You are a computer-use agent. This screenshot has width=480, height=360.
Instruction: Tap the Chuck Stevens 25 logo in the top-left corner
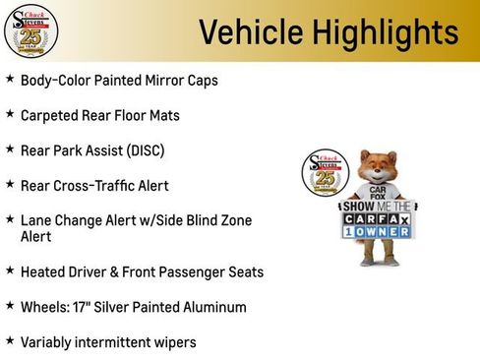30,30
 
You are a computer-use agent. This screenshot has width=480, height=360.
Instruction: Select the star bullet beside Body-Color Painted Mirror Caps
10,79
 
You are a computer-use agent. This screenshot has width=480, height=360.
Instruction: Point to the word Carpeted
52,115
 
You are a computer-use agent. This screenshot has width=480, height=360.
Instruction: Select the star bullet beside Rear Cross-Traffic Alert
10,184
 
